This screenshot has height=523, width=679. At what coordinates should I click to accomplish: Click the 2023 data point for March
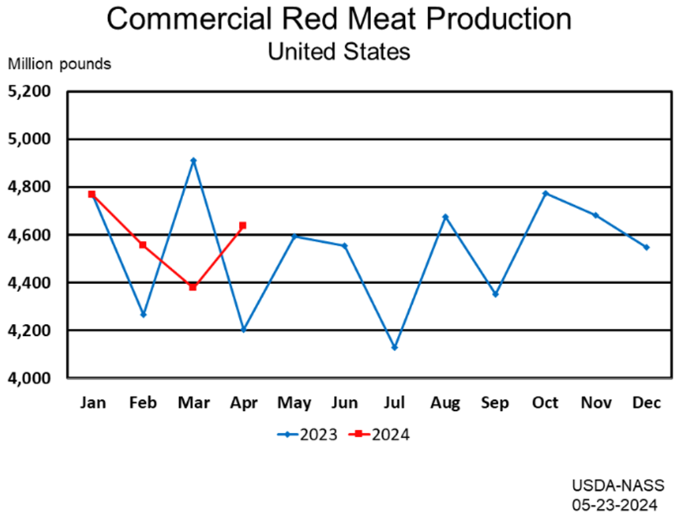click(x=193, y=160)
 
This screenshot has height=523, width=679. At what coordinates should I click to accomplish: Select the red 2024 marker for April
click(x=243, y=225)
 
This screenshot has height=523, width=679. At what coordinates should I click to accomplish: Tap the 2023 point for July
click(x=394, y=347)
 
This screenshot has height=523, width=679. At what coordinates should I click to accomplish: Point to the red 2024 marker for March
click(x=192, y=287)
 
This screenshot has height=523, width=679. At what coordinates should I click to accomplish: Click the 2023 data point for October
click(x=546, y=193)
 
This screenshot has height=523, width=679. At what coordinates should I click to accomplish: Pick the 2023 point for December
click(x=646, y=247)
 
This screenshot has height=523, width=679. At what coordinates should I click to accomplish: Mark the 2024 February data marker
click(x=143, y=245)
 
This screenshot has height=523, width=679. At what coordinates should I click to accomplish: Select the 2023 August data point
click(x=445, y=216)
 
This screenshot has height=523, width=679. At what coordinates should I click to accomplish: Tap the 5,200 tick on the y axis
click(x=29, y=91)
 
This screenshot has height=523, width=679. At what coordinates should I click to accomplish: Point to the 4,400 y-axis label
click(x=29, y=283)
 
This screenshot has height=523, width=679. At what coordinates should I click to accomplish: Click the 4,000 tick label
click(x=29, y=378)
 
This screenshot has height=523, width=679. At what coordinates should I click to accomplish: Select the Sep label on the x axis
click(x=495, y=403)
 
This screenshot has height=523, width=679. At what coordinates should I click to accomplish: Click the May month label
click(x=293, y=403)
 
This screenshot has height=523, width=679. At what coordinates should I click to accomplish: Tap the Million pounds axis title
click(x=60, y=64)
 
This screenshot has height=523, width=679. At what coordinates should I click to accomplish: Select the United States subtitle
click(x=339, y=51)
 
